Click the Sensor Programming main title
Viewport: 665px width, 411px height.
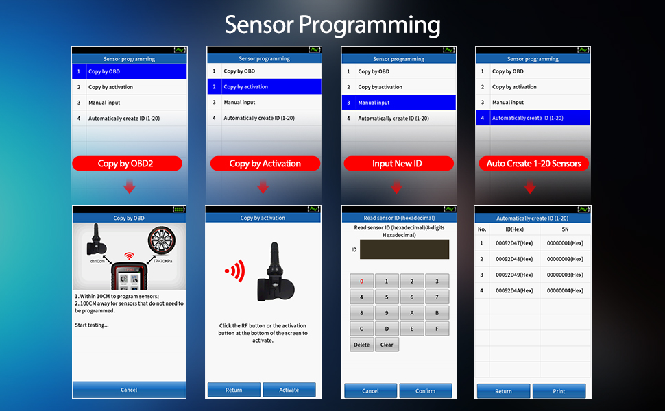332,25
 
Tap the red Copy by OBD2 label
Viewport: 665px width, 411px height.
128,164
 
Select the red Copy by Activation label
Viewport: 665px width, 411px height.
265,164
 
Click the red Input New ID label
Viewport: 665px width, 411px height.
398,164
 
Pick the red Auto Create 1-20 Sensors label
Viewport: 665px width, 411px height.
533,164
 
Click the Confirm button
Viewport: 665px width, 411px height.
426,390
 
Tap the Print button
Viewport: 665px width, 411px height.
559,391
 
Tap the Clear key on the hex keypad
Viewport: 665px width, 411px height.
387,345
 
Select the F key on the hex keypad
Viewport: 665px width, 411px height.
437,329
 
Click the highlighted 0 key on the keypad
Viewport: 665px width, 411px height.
362,281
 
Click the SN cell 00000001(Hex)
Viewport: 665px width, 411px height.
565,243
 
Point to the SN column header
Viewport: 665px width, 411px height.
565,229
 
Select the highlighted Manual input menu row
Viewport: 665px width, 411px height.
398,103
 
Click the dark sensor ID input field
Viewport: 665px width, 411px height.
404,249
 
